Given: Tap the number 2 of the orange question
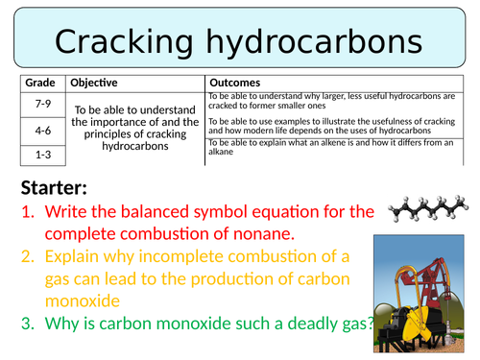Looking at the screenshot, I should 26,254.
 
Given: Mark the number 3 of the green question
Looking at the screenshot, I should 26,324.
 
